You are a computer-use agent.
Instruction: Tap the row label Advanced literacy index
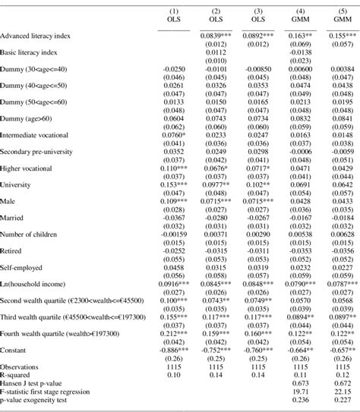pyautogui.click(x=38, y=36)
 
